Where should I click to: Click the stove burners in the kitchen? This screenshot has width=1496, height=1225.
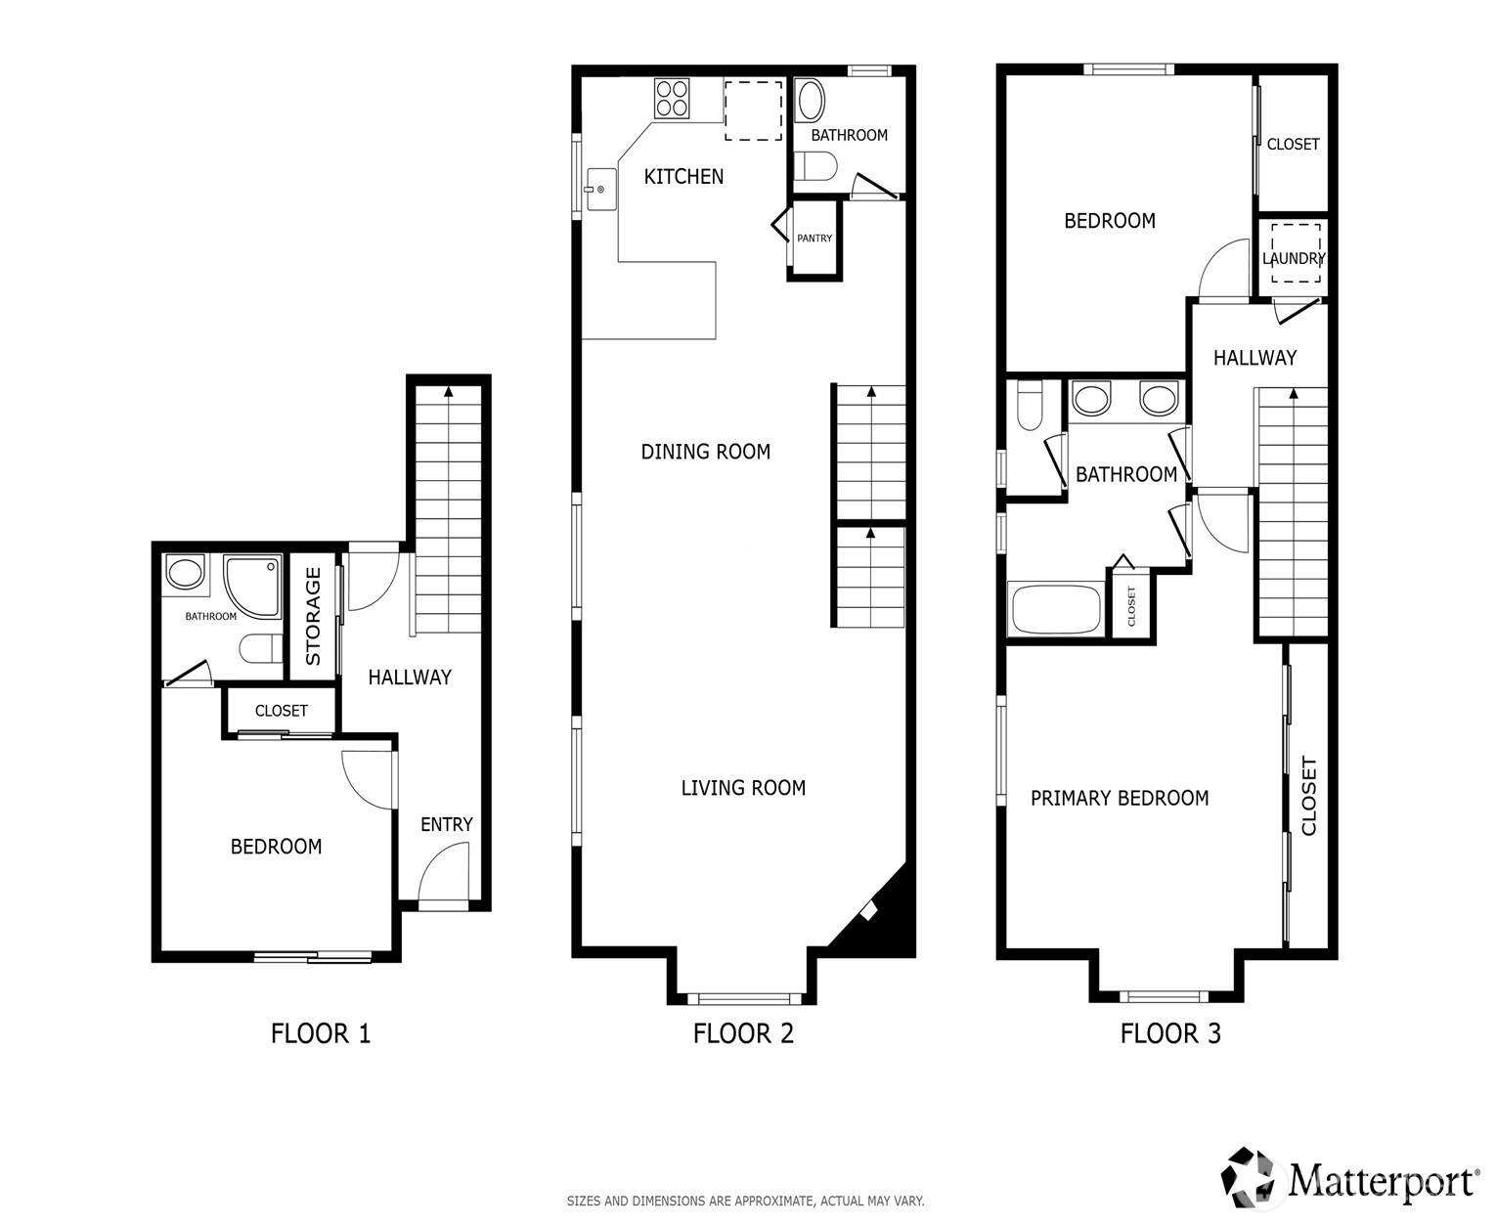673,98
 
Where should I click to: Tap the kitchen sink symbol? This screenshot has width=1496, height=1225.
597,190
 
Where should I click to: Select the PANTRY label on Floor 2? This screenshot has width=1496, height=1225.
814,239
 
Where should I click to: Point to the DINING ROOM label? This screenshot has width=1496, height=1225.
705,452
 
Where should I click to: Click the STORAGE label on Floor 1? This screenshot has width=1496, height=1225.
313,617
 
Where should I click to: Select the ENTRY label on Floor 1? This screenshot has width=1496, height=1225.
446,825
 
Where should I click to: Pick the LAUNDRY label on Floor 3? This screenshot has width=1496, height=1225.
1293,259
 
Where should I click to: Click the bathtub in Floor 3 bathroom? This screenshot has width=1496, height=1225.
1056,610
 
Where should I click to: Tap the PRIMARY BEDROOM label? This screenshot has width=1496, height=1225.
1120,799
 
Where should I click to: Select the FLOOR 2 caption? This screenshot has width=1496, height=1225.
743,1033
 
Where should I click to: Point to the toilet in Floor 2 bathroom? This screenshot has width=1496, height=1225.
815,167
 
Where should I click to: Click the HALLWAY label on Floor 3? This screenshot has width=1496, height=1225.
1254,358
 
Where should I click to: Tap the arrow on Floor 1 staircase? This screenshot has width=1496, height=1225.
449,392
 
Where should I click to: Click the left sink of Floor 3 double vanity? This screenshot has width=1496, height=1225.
1091,399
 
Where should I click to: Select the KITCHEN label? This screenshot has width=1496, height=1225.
683,177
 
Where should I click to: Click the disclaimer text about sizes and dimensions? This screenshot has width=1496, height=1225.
745,1201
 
